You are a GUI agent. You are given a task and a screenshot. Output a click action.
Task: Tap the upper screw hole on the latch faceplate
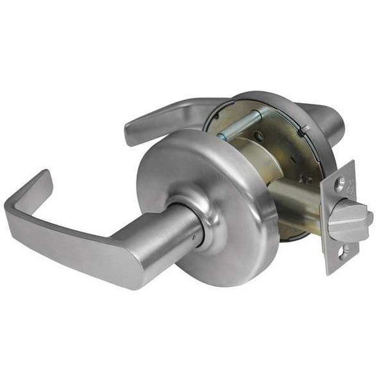(339, 184)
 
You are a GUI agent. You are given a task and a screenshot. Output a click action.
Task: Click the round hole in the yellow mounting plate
(260, 137)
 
